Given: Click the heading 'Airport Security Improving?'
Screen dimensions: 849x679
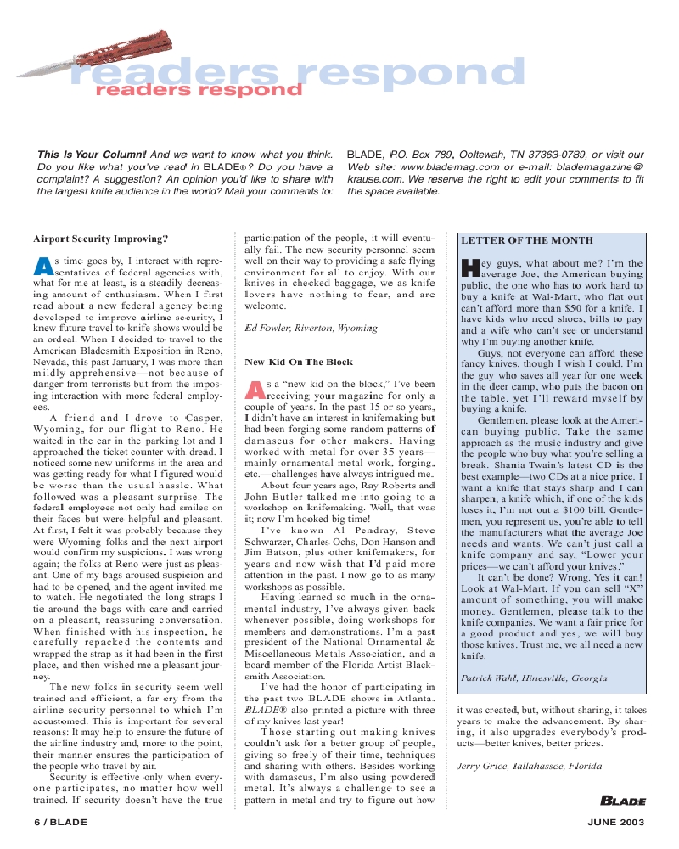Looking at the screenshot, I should [x=100, y=238].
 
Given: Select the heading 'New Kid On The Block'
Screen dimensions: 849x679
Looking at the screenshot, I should [x=298, y=362].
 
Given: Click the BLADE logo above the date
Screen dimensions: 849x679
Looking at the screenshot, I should [x=622, y=801].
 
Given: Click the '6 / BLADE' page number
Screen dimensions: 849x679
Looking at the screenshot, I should [x=60, y=822].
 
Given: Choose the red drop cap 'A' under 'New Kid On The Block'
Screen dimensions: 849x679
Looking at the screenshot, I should [x=255, y=390].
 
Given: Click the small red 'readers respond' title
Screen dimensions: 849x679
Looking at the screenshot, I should [x=198, y=89].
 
